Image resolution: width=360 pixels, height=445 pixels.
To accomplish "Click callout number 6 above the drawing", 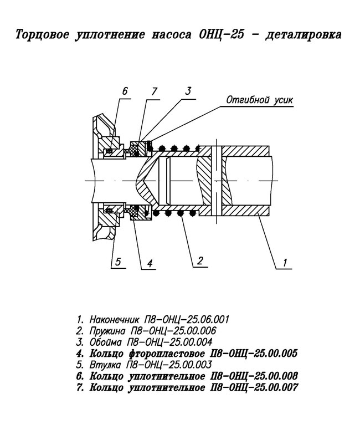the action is pyautogui.click(x=125, y=91).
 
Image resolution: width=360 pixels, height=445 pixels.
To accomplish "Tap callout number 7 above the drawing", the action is pyautogui.click(x=155, y=91).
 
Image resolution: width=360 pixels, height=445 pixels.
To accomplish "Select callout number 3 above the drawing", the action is pyautogui.click(x=188, y=91).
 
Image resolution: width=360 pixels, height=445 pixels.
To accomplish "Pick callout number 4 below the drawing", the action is pyautogui.click(x=150, y=263).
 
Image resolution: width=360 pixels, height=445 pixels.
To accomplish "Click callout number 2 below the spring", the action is pyautogui.click(x=200, y=260).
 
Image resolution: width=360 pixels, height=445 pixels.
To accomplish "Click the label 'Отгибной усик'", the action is pyautogui.click(x=260, y=100).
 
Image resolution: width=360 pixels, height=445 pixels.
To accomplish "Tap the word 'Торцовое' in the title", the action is pyautogui.click(x=42, y=34).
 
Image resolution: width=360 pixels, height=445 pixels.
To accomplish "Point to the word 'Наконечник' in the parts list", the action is pyautogui.click(x=114, y=320).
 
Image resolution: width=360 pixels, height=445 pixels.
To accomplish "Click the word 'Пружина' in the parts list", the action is pyautogui.click(x=107, y=331).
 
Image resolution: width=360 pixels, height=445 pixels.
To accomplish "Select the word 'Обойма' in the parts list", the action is pyautogui.click(x=106, y=342).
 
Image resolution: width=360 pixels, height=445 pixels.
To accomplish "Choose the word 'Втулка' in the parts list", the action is pyautogui.click(x=105, y=365).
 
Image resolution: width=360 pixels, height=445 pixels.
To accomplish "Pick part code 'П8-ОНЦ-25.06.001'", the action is pyautogui.click(x=187, y=320).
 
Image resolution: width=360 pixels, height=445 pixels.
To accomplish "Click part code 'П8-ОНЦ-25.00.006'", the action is pyautogui.click(x=173, y=331).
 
